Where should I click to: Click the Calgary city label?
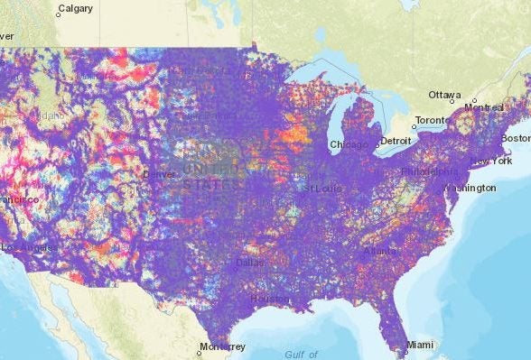75,11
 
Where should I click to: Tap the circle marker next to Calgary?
53,14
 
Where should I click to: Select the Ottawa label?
445,95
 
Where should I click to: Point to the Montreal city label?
483,107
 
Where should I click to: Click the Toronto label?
431,121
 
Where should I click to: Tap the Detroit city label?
395,142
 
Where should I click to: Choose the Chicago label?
349,144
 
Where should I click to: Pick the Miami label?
419,345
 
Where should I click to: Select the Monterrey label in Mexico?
223,346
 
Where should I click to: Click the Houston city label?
269,299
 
